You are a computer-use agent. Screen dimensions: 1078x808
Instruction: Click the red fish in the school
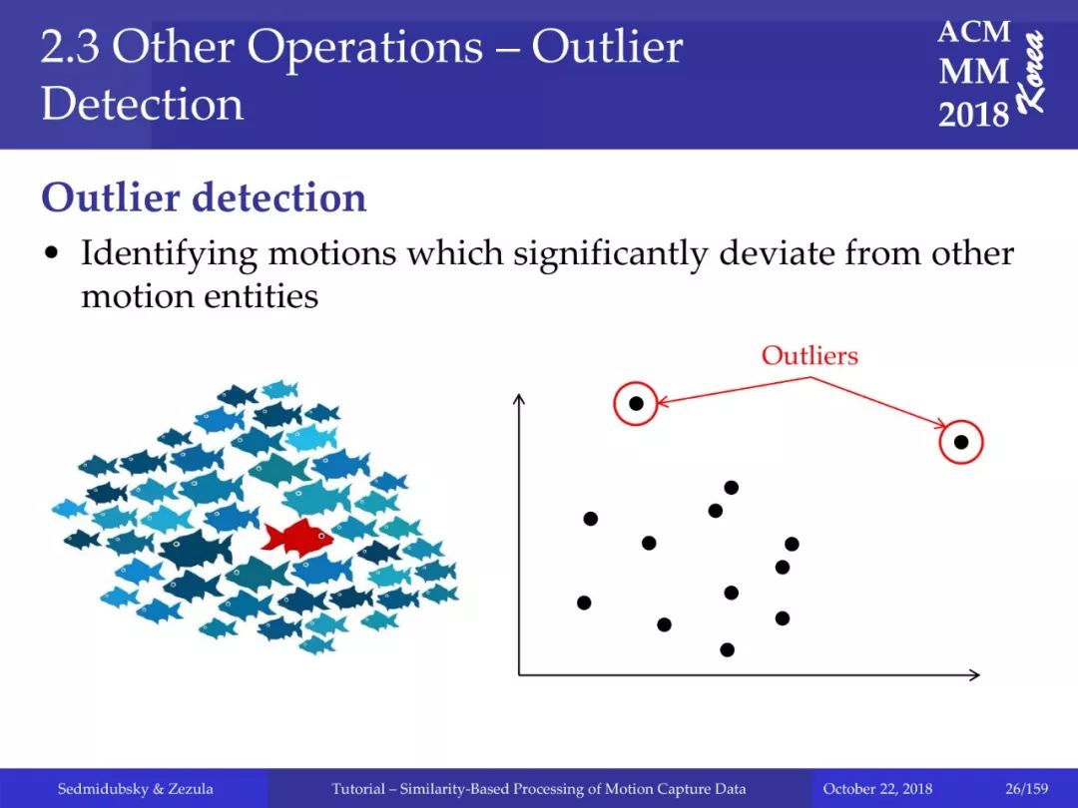[x=297, y=537]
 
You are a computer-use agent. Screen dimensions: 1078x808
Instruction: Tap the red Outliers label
[x=809, y=355]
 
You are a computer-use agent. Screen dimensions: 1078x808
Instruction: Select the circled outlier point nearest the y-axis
[x=636, y=403]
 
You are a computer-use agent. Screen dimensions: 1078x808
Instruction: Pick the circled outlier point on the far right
[x=961, y=442]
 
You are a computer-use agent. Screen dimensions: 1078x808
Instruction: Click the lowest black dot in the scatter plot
[x=728, y=649]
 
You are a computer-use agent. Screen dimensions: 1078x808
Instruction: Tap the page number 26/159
[x=1026, y=788]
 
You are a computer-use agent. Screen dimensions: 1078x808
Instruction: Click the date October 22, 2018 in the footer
[x=877, y=788]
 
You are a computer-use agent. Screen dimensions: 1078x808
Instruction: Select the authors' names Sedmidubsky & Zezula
[x=136, y=788]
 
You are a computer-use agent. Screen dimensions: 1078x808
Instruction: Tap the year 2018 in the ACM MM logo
[x=973, y=114]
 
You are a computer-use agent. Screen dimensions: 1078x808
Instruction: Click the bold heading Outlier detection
[x=205, y=198]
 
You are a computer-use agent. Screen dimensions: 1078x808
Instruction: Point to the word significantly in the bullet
[x=611, y=254]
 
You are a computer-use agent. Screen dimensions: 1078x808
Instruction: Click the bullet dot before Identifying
[x=50, y=254]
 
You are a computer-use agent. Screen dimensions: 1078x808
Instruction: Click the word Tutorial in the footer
[x=358, y=788]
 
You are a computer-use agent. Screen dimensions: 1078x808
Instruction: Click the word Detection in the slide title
[x=143, y=105]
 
